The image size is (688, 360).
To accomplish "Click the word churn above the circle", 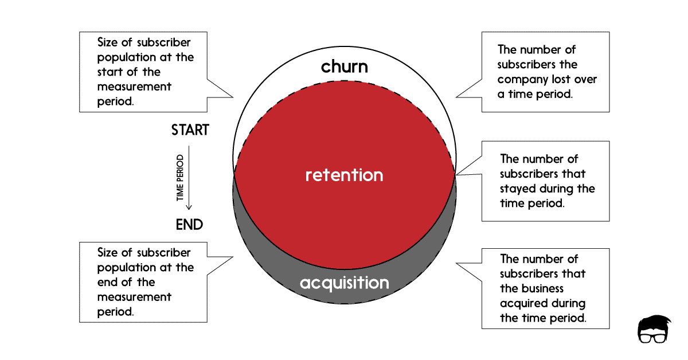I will (344, 66).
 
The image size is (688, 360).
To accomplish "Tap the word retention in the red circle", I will (344, 175).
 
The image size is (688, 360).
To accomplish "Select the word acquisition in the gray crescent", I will (344, 283).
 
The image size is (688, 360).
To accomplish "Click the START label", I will (190, 130).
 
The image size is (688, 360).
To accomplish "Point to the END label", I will (189, 225).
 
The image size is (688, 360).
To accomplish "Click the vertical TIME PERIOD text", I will (180, 178).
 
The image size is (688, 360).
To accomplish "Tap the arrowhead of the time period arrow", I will (190, 207).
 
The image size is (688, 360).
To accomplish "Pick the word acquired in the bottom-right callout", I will (522, 303).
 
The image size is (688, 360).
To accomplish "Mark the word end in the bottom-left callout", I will (107, 282).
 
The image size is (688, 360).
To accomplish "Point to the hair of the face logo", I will (653, 323).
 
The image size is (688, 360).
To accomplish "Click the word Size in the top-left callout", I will (108, 42).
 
